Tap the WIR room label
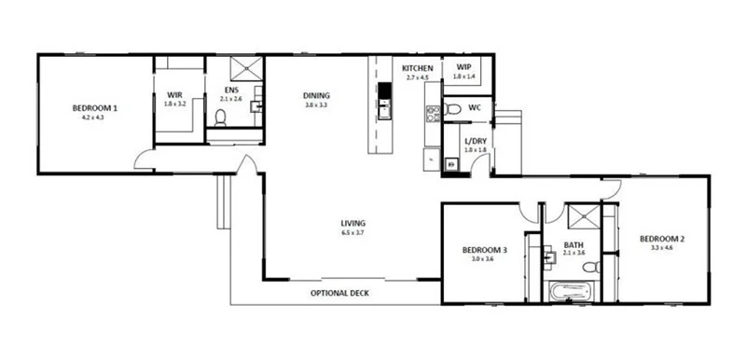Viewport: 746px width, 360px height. pyautogui.click(x=174, y=94)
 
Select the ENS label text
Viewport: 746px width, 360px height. pyautogui.click(x=229, y=90)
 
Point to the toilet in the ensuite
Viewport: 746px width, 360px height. pyautogui.click(x=221, y=118)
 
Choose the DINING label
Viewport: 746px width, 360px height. pyautogui.click(x=316, y=95)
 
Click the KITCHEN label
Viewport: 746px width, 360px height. pyautogui.click(x=416, y=69)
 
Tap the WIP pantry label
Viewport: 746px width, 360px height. pyautogui.click(x=463, y=67)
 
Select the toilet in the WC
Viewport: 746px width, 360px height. pyautogui.click(x=452, y=109)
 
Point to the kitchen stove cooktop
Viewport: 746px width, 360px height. pyautogui.click(x=433, y=115)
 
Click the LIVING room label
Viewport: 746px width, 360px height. pyautogui.click(x=352, y=223)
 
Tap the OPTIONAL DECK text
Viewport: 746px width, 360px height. pyautogui.click(x=339, y=294)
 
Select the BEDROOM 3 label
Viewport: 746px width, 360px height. pyautogui.click(x=485, y=250)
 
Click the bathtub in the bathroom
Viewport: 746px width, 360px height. pyautogui.click(x=572, y=292)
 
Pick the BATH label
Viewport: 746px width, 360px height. pyautogui.click(x=573, y=246)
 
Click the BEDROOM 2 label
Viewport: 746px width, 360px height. pyautogui.click(x=662, y=240)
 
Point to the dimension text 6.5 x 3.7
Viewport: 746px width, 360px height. pyautogui.click(x=352, y=232)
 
